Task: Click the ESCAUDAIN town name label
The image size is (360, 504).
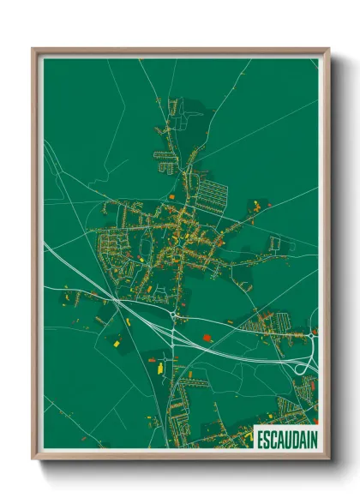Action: click(x=286, y=439)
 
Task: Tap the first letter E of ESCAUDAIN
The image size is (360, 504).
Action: click(x=260, y=439)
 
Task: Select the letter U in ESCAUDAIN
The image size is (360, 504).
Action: click(x=286, y=439)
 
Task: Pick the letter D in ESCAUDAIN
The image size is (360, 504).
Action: click(x=293, y=439)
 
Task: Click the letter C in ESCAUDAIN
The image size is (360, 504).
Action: click(x=273, y=439)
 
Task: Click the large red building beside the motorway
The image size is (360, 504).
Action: click(x=207, y=338)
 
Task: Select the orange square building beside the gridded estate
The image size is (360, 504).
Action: click(x=171, y=196)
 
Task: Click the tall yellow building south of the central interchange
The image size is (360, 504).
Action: click(x=159, y=366)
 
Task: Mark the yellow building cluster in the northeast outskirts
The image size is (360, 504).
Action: click(x=257, y=205)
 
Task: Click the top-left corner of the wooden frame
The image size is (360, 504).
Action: click(x=33, y=49)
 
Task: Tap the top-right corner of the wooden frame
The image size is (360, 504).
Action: click(x=328, y=49)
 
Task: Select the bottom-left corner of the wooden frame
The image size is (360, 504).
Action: click(x=33, y=459)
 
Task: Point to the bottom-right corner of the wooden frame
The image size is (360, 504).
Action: click(x=328, y=459)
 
